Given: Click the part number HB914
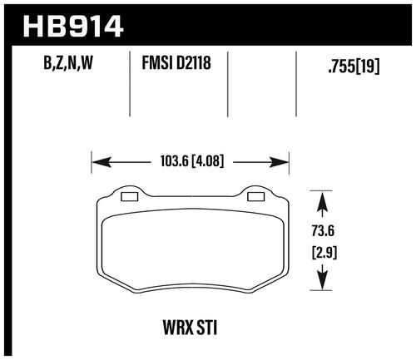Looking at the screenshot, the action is click(73, 27).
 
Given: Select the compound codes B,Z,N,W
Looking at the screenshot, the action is click(68, 63).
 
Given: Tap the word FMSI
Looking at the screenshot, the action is click(157, 63).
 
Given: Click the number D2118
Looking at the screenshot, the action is click(194, 63).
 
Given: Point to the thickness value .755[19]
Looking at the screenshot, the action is click(354, 67).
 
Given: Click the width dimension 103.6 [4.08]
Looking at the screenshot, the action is click(192, 161).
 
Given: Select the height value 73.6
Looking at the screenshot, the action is click(323, 230).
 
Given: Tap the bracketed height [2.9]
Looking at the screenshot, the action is click(324, 253).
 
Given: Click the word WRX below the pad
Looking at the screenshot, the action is click(178, 328).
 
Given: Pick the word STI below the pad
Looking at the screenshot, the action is click(206, 328).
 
